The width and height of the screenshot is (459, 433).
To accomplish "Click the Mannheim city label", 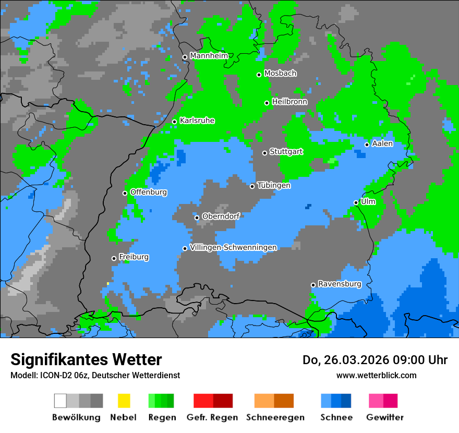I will click(x=209, y=56).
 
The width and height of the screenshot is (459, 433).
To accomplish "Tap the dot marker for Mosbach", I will click(x=259, y=75).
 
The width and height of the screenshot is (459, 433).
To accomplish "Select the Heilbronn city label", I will click(x=289, y=102).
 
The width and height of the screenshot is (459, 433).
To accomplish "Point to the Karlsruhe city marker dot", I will click(x=175, y=122).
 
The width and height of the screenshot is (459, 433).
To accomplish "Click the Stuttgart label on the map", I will click(x=286, y=152).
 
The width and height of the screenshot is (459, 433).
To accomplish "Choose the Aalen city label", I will click(x=382, y=143).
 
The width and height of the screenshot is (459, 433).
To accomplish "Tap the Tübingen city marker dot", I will click(x=252, y=186).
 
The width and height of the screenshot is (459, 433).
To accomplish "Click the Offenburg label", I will click(x=149, y=192).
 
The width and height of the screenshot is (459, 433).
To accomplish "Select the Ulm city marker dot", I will click(x=356, y=202).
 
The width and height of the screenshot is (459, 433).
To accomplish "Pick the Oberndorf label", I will click(x=221, y=216).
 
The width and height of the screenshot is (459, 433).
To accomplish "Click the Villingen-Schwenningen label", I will click(x=234, y=247).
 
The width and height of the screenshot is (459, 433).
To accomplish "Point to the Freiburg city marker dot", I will click(x=114, y=258).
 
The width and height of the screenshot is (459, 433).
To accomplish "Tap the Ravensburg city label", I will click(x=340, y=284).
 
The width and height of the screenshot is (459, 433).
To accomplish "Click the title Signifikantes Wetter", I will click(x=86, y=359).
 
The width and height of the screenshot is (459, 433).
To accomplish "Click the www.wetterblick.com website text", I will click(x=376, y=375).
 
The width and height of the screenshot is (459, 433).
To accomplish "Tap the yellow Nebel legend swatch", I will click(x=124, y=401).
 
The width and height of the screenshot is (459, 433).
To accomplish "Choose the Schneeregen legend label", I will click(x=275, y=417).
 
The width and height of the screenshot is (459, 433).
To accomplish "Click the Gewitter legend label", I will click(x=385, y=417).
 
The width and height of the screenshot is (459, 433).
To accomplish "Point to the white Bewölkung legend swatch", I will click(x=61, y=401).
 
